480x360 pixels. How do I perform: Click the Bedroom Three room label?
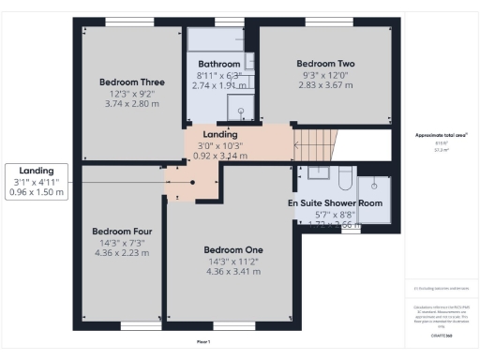[132, 82]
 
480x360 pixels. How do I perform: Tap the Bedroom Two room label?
[325, 64]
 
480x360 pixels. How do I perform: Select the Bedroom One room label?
[233, 249]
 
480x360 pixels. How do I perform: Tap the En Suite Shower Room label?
[335, 203]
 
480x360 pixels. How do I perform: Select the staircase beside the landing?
[315, 145]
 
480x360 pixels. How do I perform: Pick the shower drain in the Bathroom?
[242, 112]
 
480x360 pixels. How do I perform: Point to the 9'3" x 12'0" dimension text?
[325, 75]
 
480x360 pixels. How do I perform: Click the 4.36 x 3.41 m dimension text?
[233, 272]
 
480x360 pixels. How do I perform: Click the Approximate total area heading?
[442, 135]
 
